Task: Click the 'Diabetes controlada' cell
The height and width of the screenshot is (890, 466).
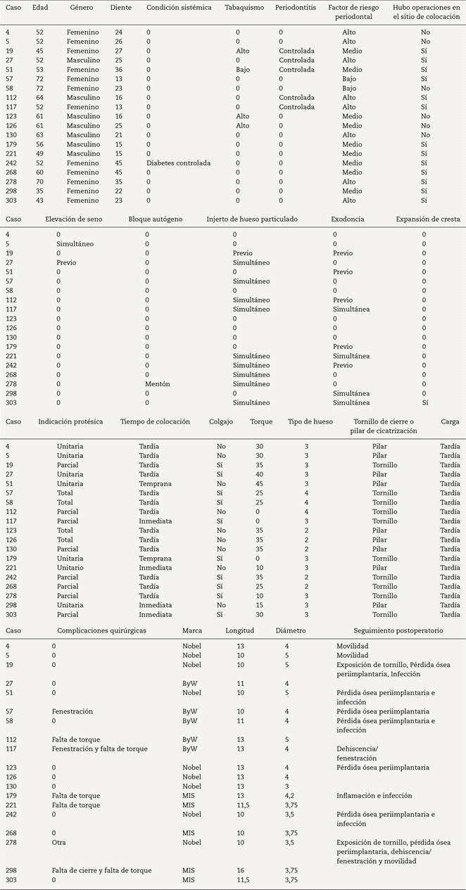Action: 178,163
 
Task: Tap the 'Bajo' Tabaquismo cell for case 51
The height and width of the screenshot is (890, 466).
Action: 242,70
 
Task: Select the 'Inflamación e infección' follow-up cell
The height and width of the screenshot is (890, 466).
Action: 374,795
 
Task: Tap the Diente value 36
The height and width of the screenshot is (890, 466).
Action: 118,70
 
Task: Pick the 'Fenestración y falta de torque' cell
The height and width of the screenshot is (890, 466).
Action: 99,749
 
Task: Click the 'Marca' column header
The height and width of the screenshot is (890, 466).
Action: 191,630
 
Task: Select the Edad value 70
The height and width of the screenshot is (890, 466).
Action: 39,181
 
